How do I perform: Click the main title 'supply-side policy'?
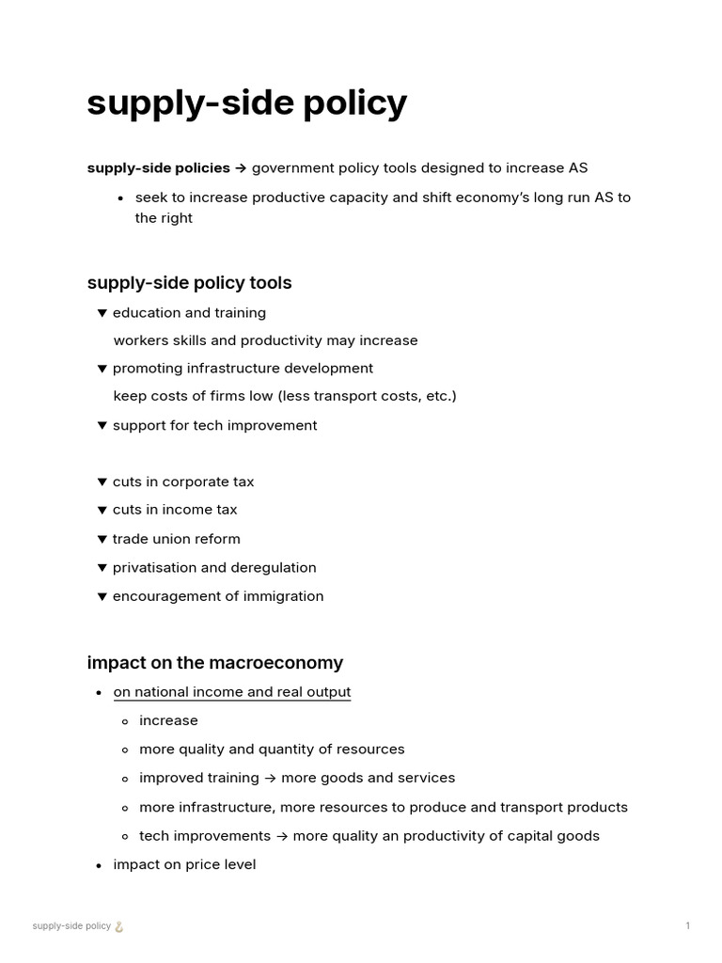point(246,103)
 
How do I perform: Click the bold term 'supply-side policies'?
point(158,168)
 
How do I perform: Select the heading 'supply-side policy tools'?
point(189,283)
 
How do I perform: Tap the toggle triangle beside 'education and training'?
point(102,313)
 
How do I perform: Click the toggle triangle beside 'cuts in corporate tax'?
point(102,482)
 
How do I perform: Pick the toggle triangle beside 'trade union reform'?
point(102,540)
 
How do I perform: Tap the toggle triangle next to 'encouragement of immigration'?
point(102,597)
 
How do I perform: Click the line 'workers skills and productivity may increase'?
point(265,340)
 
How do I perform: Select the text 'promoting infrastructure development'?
point(243,369)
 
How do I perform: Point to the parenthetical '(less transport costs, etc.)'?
point(367,397)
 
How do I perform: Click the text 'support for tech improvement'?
point(214,426)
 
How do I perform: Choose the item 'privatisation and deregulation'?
point(214,568)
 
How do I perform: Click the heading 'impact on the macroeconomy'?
point(214,663)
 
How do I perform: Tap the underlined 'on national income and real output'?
point(231,692)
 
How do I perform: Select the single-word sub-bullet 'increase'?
point(168,721)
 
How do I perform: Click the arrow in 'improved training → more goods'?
point(270,779)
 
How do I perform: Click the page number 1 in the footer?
point(687,926)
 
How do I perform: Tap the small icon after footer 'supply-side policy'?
point(119,926)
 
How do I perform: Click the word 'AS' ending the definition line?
point(578,168)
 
